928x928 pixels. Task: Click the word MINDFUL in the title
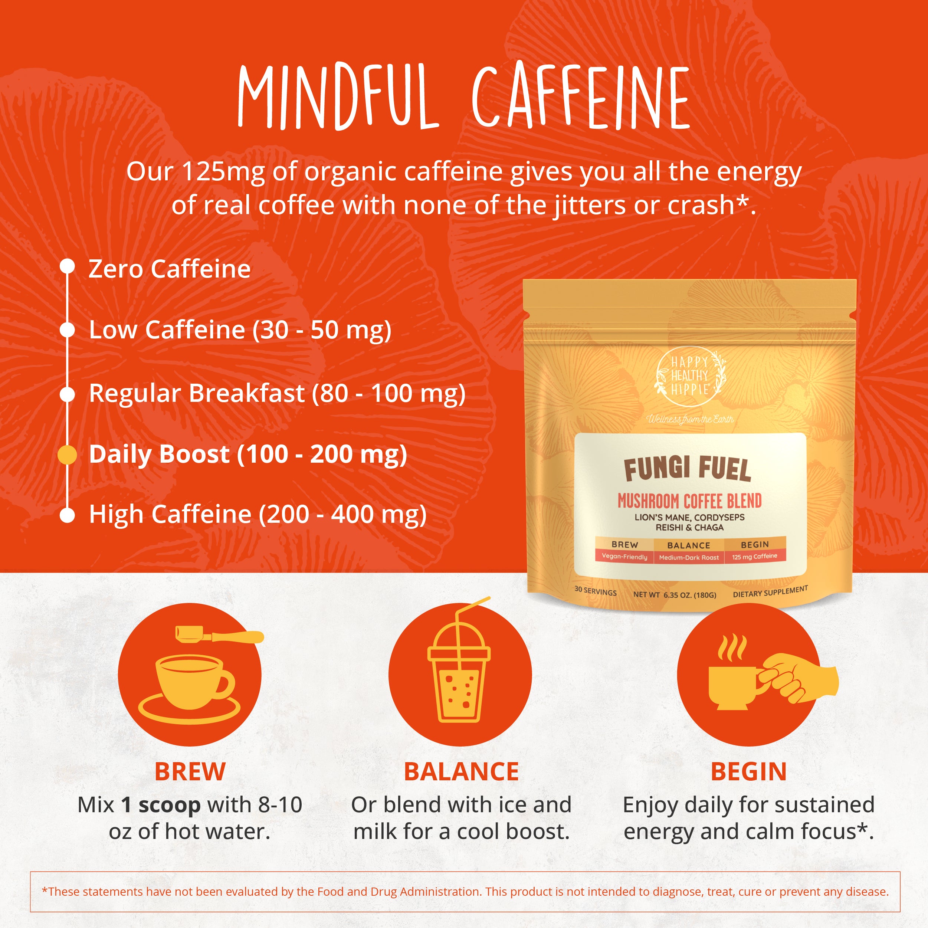pyautogui.click(x=338, y=96)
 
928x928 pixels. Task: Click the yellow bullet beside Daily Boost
pyautogui.click(x=67, y=455)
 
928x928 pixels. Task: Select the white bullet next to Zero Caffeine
pyautogui.click(x=67, y=266)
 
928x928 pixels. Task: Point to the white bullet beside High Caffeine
pyautogui.click(x=67, y=515)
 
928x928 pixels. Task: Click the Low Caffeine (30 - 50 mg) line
pyautogui.click(x=240, y=331)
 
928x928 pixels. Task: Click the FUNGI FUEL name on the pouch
pyautogui.click(x=687, y=469)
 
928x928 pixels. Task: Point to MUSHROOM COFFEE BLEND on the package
pyautogui.click(x=690, y=501)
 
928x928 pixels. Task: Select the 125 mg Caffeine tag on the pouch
pyautogui.click(x=755, y=556)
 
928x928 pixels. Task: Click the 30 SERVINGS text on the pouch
pyautogui.click(x=596, y=591)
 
